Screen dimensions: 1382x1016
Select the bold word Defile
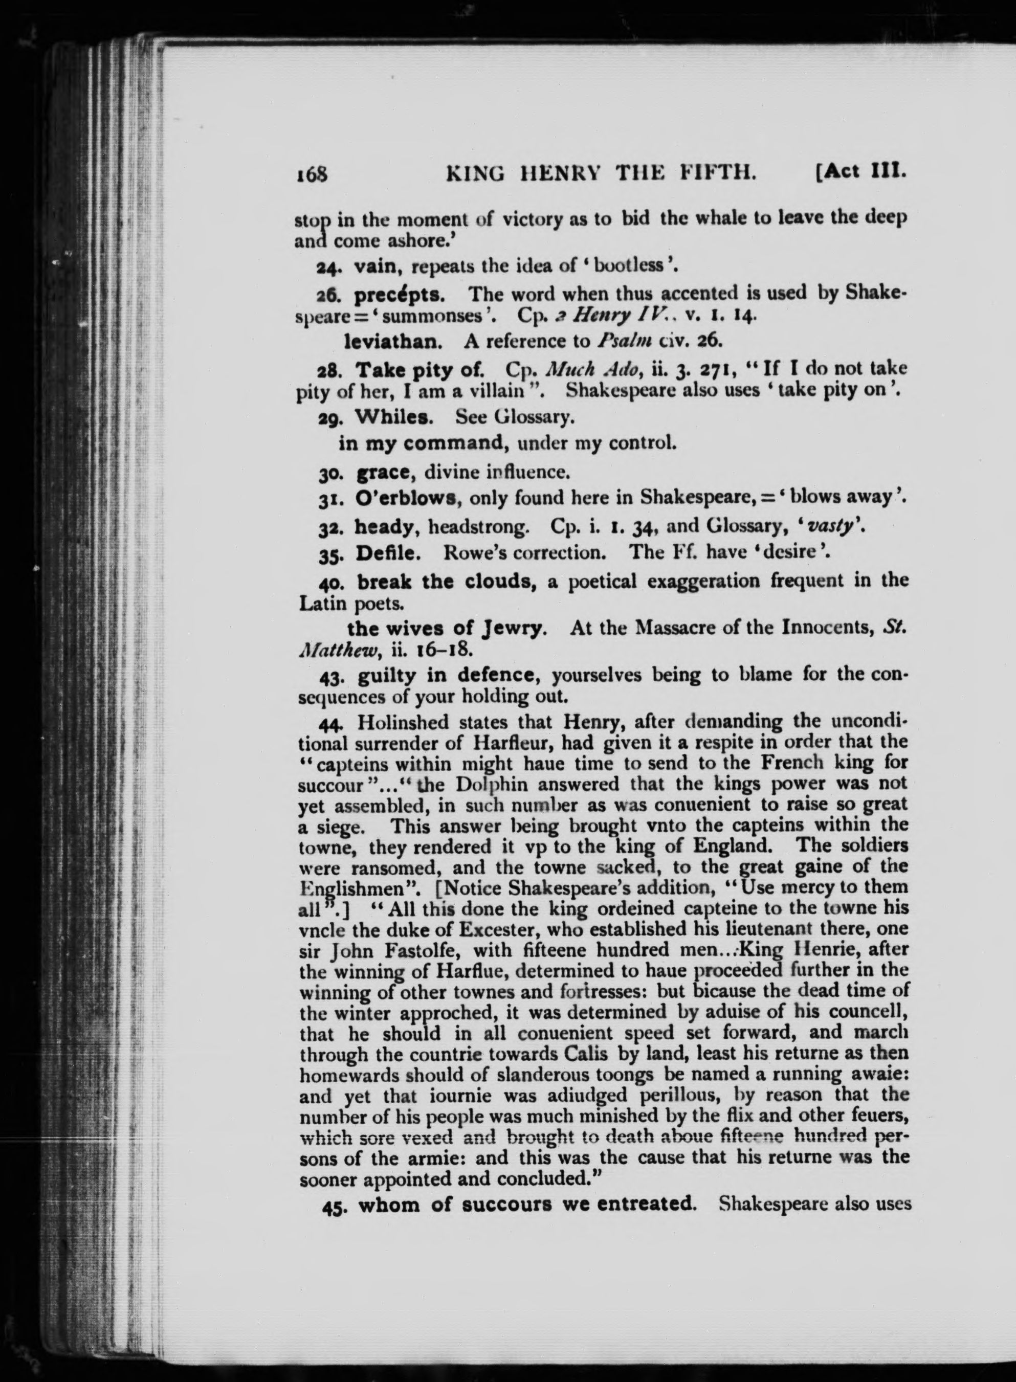[389, 553]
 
